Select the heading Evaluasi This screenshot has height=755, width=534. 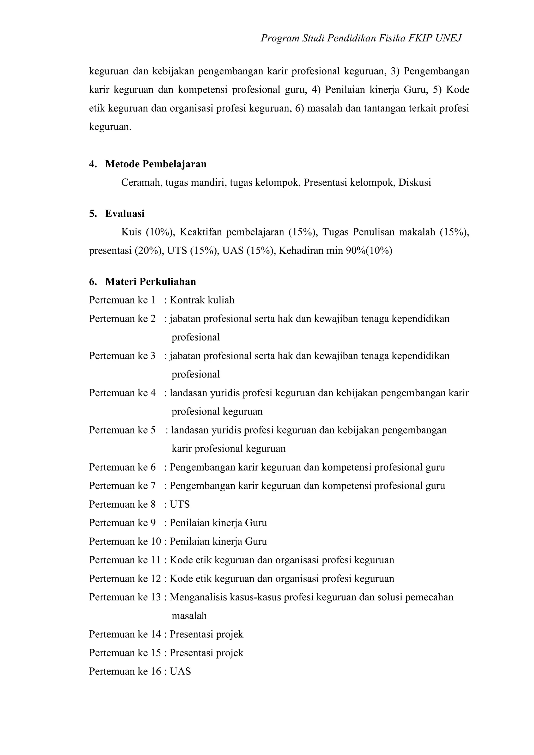point(125,214)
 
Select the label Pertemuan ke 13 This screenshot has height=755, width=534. point(125,597)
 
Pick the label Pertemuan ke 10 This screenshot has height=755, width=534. point(125,541)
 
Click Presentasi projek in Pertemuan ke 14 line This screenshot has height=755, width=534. point(206,634)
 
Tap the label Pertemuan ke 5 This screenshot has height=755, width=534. point(122,430)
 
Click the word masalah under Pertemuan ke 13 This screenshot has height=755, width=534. point(189,616)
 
